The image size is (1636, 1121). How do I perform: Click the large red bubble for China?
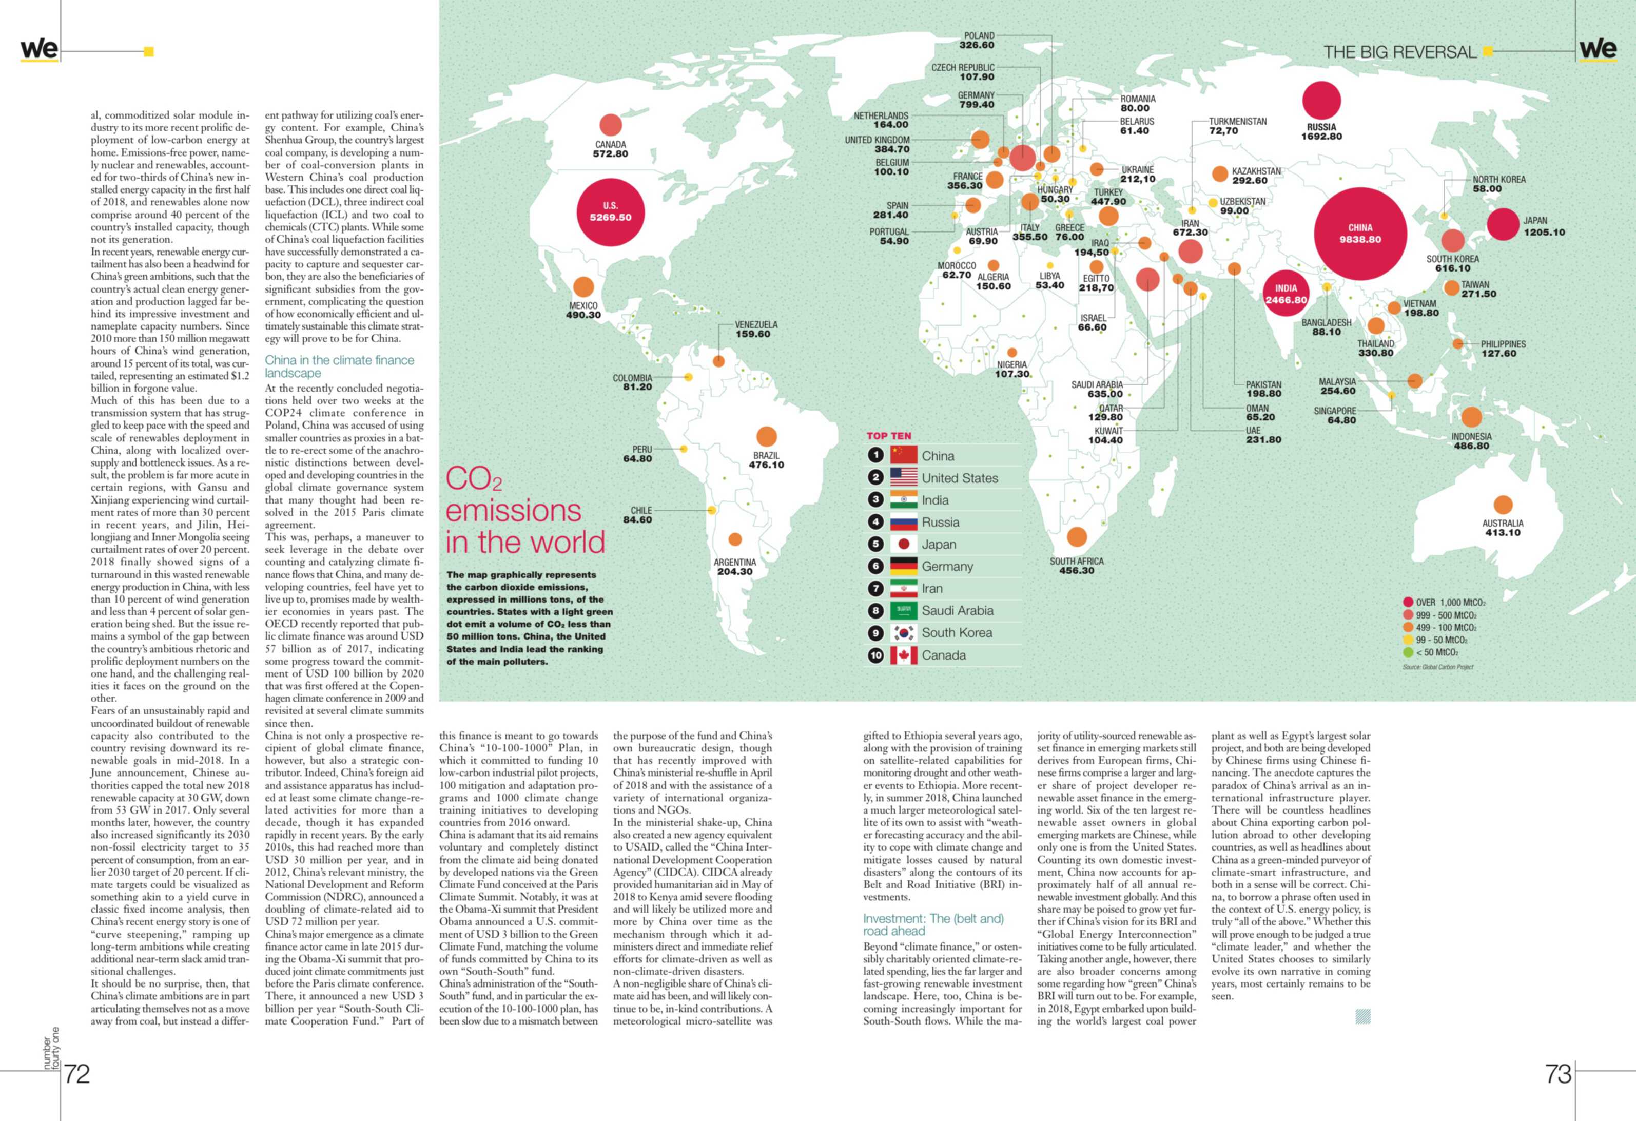(1360, 234)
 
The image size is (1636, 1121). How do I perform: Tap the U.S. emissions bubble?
(610, 212)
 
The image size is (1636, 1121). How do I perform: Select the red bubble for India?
(1286, 294)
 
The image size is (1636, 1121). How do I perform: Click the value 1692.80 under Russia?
(1321, 137)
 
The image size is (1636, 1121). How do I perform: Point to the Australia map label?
(1502, 523)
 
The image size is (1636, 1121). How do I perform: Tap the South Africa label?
(1076, 561)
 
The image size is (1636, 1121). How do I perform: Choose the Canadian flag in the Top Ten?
(903, 655)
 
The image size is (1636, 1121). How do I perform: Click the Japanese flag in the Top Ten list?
(903, 544)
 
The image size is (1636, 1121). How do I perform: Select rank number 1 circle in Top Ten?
(875, 455)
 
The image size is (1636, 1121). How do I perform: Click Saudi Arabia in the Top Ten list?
(958, 610)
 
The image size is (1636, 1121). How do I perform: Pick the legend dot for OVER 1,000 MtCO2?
(1408, 602)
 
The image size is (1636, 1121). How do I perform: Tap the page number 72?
(77, 1074)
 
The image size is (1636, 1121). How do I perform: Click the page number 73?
(1558, 1074)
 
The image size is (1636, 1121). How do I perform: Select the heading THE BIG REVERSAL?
(1399, 52)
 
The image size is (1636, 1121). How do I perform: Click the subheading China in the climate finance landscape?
(339, 366)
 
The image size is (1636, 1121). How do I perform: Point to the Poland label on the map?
(979, 36)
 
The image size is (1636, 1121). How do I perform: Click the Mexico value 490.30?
(583, 315)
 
